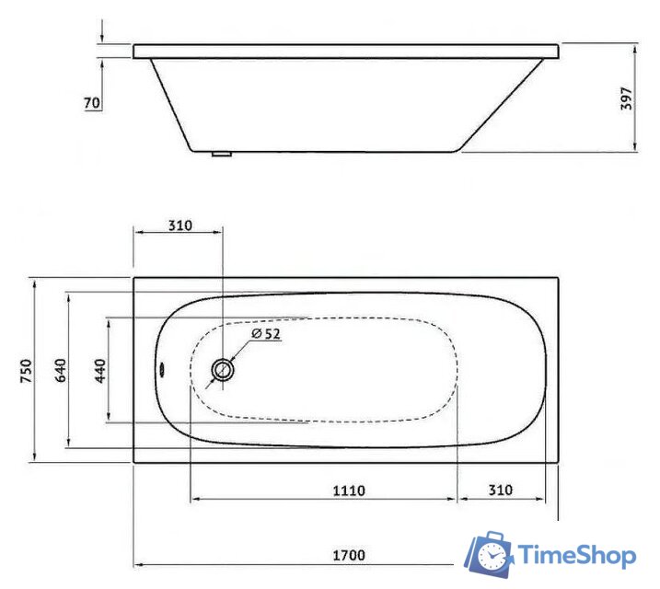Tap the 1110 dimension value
tap(348, 491)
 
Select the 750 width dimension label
tap(27, 370)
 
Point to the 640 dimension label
tap(61, 370)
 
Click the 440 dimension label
tap(100, 370)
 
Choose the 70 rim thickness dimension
tap(91, 103)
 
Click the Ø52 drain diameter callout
tap(265, 333)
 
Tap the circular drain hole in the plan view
tap(223, 371)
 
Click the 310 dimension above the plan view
tap(179, 225)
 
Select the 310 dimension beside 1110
tap(500, 491)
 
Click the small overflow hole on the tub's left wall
tap(163, 371)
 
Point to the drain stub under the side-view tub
tap(221, 155)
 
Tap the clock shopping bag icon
tap(488, 555)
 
